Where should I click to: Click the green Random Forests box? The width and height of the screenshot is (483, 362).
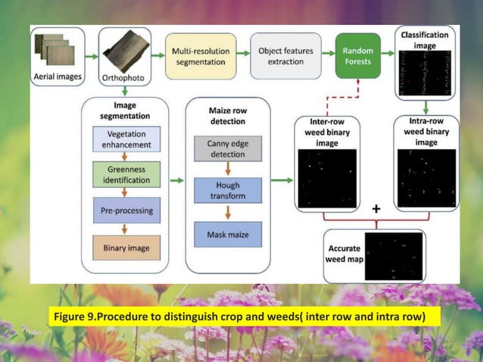click(x=357, y=56)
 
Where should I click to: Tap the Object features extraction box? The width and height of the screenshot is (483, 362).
click(x=280, y=56)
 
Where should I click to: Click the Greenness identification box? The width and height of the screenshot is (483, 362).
click(x=126, y=175)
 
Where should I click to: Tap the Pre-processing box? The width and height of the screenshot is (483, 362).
click(x=126, y=211)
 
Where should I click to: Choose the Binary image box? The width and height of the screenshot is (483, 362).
click(x=126, y=247)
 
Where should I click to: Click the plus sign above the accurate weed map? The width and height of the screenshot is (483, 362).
click(x=376, y=208)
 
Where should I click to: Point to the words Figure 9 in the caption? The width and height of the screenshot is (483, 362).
click(x=78, y=315)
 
